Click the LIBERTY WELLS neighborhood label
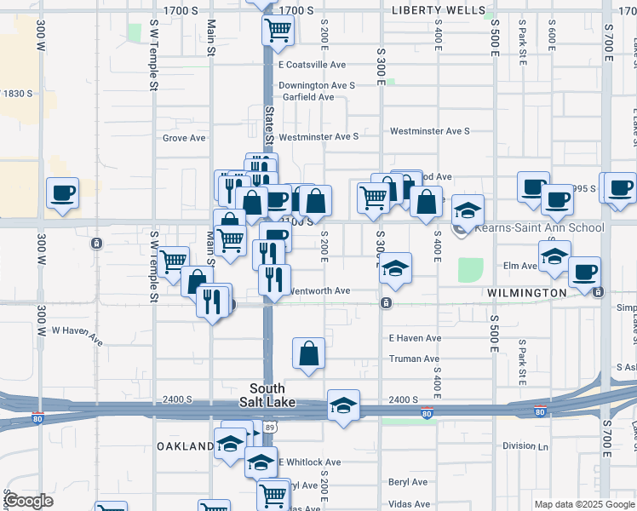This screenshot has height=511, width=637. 439,10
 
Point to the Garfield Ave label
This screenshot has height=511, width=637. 308,97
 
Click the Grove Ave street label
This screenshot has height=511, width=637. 185,137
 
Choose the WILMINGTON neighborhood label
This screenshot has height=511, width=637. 527,293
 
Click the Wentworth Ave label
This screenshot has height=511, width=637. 320,290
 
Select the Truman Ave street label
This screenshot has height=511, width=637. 414,359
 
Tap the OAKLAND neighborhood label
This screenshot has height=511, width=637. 185,446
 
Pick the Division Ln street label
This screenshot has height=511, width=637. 525,445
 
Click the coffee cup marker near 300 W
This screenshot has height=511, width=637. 62,192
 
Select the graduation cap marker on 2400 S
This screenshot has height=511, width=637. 343,405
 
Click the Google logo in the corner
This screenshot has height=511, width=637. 28,502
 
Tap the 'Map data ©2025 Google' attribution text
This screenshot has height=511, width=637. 583,504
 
